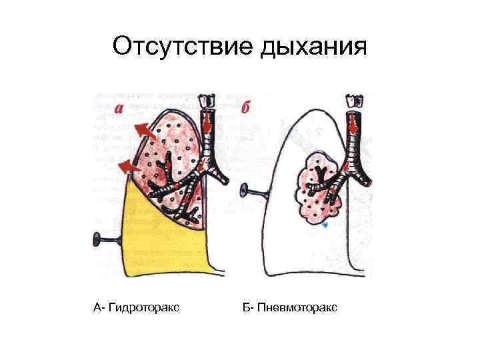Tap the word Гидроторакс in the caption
(143, 307)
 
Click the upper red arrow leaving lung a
(142, 127)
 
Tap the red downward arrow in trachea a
(207, 124)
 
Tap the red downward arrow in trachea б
(351, 124)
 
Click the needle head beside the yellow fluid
(97, 237)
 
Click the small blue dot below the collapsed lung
(325, 226)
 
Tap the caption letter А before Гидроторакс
(97, 307)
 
